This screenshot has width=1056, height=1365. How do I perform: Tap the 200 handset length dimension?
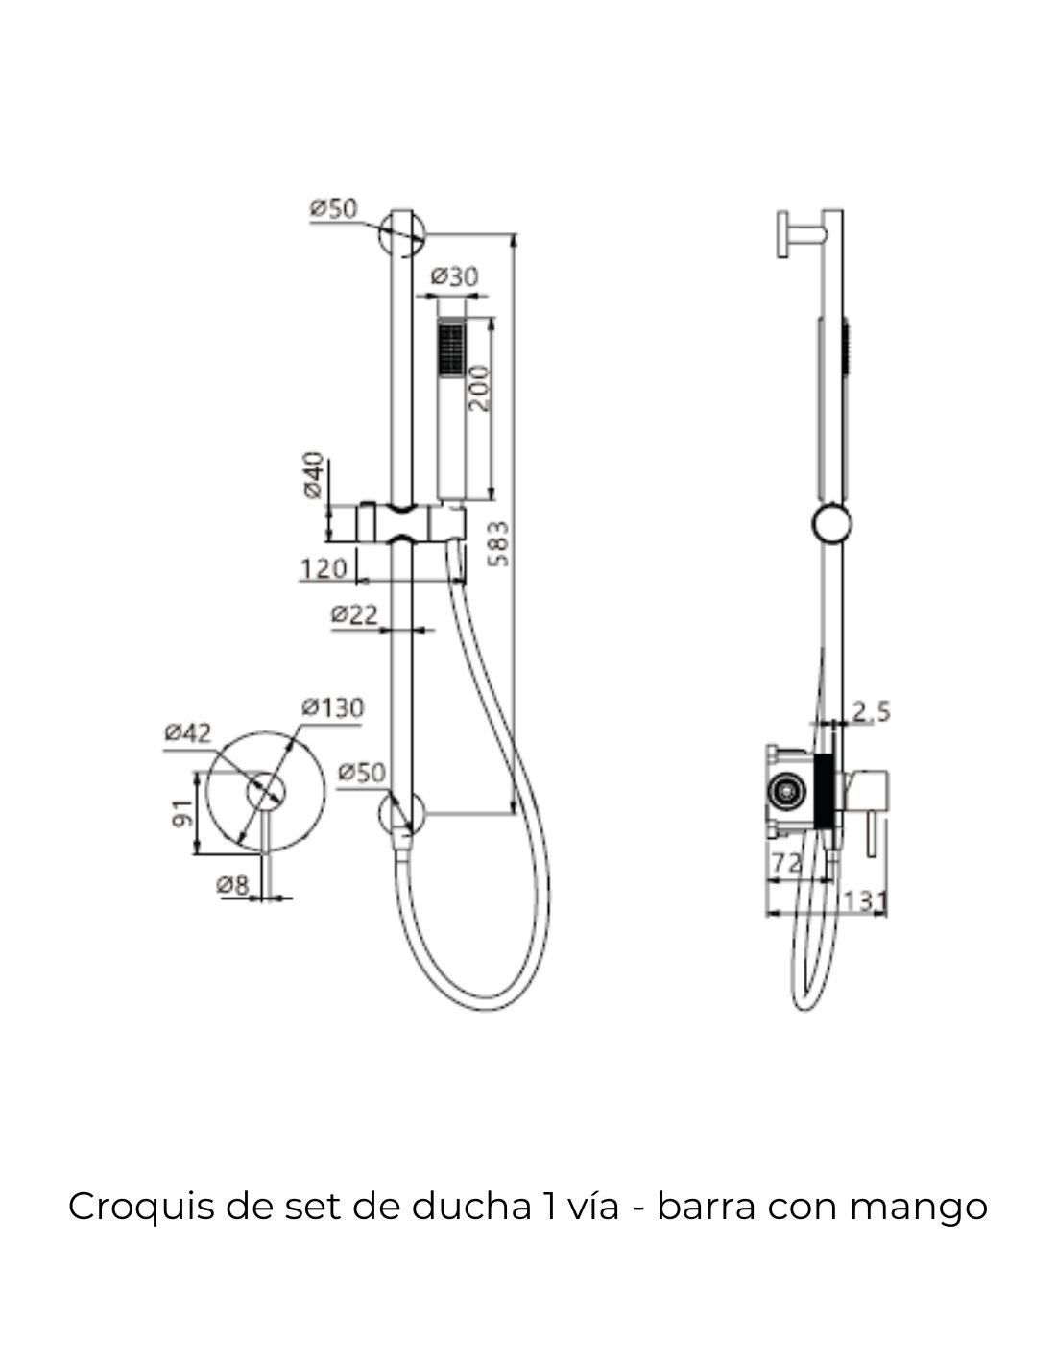pyautogui.click(x=480, y=388)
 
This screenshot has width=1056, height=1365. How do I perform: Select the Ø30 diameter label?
pyautogui.click(x=455, y=275)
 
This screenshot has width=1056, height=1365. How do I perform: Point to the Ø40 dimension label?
pyautogui.click(x=314, y=475)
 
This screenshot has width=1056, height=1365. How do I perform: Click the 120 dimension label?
pyautogui.click(x=324, y=569)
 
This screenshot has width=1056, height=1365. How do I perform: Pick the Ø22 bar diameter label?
pyautogui.click(x=354, y=614)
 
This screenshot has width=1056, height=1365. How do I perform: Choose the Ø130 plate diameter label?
pyautogui.click(x=332, y=708)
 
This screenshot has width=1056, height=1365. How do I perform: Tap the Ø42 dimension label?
pyautogui.click(x=188, y=733)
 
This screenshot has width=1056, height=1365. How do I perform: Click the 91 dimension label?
pyautogui.click(x=182, y=813)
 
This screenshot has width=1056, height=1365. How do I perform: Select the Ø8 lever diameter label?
pyautogui.click(x=232, y=886)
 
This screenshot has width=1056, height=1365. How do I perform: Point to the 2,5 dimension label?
pyautogui.click(x=872, y=711)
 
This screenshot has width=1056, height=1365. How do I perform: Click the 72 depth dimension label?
pyautogui.click(x=786, y=864)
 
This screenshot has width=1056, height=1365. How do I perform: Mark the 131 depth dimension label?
pyautogui.click(x=864, y=901)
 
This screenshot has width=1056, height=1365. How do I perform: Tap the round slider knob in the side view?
pyautogui.click(x=831, y=524)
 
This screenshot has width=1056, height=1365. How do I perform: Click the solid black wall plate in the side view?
pyautogui.click(x=825, y=792)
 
